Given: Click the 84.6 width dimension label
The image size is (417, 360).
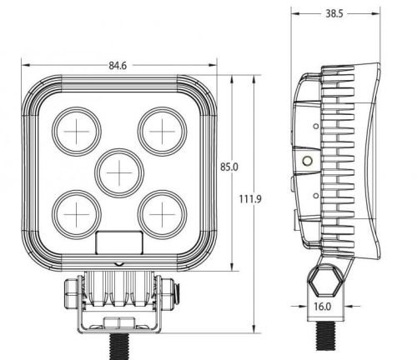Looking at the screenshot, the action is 118,66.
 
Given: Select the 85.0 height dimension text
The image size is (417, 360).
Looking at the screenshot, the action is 229,167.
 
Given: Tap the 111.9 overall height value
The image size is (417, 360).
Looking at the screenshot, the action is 250,199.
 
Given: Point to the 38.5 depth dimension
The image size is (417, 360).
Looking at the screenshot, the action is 334,13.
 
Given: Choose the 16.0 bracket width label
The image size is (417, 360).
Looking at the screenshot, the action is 323,307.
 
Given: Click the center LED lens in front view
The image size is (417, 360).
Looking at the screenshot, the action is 119,173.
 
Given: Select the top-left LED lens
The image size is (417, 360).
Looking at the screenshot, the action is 77,132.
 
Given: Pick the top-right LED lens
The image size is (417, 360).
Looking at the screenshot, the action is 162,132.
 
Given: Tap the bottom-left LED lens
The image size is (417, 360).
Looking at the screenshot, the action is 77,214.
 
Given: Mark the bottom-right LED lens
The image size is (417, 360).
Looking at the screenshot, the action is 162,214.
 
